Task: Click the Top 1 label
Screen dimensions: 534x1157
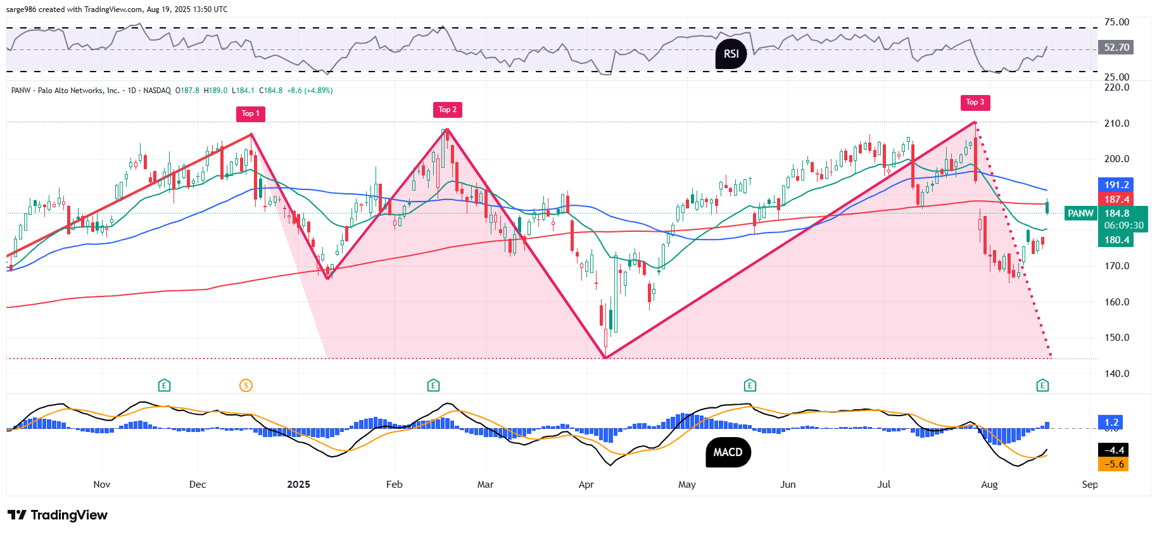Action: coord(250,113)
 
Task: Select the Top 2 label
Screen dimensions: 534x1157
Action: coord(447,110)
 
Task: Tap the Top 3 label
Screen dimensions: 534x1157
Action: coord(975,102)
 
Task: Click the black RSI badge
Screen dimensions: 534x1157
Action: coord(731,54)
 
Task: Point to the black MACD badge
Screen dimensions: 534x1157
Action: coord(728,452)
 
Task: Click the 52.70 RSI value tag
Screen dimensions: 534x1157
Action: coord(1116,48)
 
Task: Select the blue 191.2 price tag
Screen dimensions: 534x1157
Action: coord(1116,185)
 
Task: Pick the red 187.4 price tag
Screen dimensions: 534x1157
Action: coord(1116,200)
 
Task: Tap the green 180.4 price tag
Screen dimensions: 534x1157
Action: coord(1116,240)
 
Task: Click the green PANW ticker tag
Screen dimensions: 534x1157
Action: coord(1080,213)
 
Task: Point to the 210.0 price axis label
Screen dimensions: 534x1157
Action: coord(1116,124)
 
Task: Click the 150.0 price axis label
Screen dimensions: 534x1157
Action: coord(1116,338)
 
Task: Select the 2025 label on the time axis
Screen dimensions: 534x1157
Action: coord(298,485)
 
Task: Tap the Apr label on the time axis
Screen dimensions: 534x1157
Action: coord(586,485)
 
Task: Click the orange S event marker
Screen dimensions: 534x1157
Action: coord(246,385)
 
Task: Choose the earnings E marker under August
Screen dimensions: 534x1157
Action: coord(1042,385)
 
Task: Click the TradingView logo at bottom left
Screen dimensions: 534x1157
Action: coord(58,515)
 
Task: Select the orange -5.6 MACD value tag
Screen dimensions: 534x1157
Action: coord(1114,464)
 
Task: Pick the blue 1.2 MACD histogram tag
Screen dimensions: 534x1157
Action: coord(1111,422)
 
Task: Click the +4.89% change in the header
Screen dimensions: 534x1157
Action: coord(319,91)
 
